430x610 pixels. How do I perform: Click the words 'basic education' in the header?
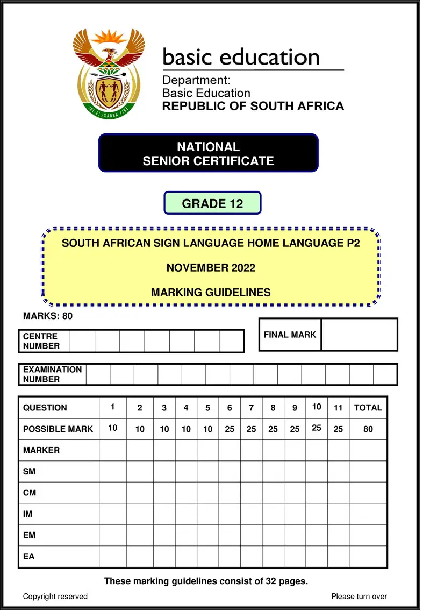(241, 56)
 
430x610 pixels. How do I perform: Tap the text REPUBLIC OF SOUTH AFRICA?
(253, 106)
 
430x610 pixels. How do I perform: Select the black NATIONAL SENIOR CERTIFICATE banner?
(209, 153)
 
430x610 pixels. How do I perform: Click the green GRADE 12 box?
(212, 203)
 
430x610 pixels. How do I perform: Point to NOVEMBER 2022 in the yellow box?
(211, 268)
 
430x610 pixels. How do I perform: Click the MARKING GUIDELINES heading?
(211, 293)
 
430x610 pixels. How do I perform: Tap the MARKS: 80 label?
(48, 316)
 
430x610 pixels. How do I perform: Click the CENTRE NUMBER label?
(40, 341)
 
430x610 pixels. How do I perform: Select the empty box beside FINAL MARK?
(359, 335)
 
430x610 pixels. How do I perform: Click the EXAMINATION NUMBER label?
(52, 374)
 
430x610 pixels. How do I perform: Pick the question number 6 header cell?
(230, 408)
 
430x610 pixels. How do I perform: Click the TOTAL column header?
(368, 408)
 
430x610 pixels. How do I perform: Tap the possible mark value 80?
(368, 429)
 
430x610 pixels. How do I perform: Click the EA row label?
(28, 556)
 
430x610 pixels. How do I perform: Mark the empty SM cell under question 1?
(113, 471)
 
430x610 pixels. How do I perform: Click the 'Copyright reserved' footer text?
(55, 596)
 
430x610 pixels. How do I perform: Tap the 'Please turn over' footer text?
(359, 596)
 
